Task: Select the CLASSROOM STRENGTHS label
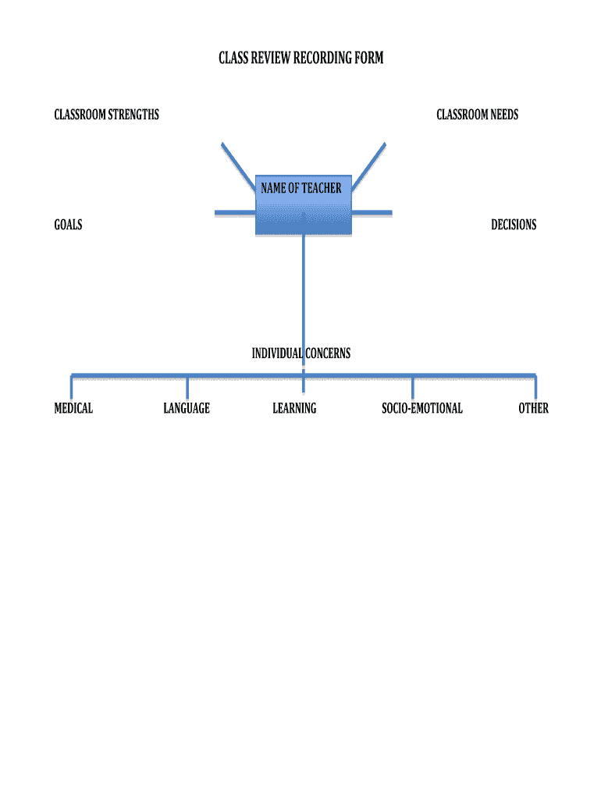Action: coord(106,115)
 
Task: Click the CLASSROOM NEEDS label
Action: coord(477,115)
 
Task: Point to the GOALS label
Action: coord(68,225)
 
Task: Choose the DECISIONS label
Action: coord(514,225)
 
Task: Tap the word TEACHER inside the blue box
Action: coord(322,188)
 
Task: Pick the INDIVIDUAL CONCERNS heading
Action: coord(300,353)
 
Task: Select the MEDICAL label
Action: coord(73,408)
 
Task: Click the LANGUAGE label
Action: coord(187,408)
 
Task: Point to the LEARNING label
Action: coord(294,408)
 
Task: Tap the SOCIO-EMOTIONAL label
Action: coord(421,408)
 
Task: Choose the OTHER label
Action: coord(533,408)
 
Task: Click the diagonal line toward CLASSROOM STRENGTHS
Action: coord(236,165)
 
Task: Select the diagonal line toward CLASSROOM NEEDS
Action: coord(371,165)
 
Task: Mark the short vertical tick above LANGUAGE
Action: coord(187,386)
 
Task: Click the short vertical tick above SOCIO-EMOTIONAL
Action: coord(412,386)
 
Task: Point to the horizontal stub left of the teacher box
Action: coord(234,212)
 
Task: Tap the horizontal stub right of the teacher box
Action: coord(372,212)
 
